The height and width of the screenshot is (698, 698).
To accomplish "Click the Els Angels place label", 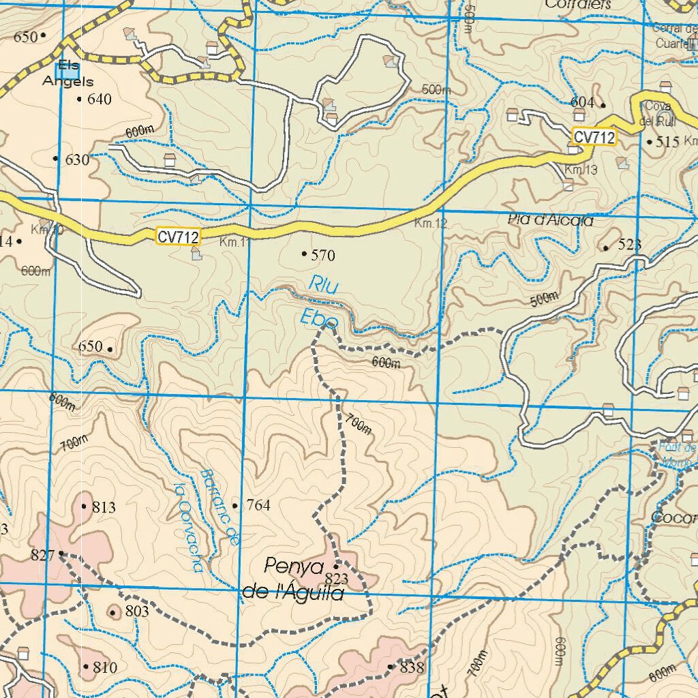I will tap(67, 74).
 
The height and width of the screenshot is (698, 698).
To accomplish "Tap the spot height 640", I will tap(95, 100).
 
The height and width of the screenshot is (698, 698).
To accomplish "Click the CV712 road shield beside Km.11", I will tap(178, 237).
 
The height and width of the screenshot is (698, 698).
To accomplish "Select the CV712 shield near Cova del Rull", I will tap(594, 137).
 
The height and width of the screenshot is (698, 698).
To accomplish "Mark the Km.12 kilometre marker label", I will tap(430, 224).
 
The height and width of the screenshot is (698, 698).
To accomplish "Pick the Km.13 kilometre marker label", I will tap(581, 170).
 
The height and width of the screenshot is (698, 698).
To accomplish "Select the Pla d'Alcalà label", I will tap(551, 220).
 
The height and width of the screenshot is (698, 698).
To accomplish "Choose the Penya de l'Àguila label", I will tap(294, 580).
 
